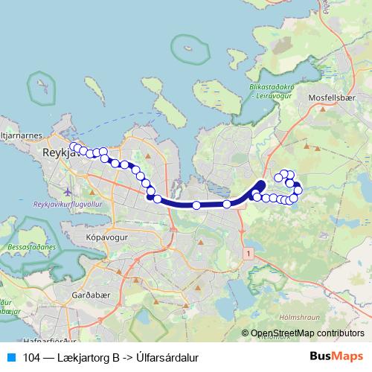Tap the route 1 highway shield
click(246, 254)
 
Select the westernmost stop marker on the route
click(72, 147)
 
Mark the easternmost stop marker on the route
click(298, 190)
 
